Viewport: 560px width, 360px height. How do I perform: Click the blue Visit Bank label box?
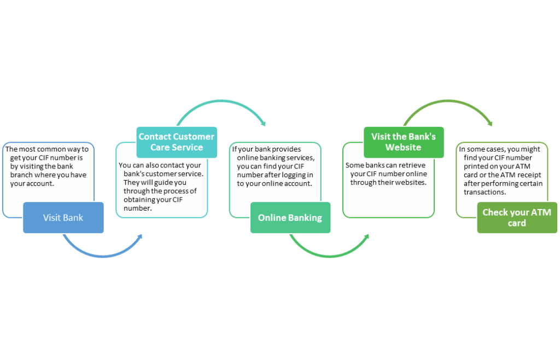tap(63, 218)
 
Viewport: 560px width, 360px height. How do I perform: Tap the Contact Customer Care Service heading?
tap(176, 142)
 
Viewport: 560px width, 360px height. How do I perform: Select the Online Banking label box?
tap(290, 218)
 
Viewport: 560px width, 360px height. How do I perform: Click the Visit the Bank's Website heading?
tap(404, 142)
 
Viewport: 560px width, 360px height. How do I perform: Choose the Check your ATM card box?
tap(516, 218)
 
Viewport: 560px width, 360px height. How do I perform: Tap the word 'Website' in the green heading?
tap(404, 147)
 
